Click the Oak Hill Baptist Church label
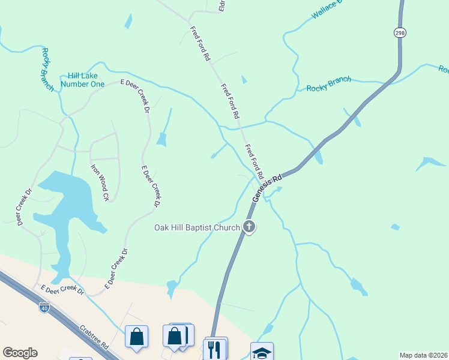point(197,227)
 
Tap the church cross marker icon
point(249,227)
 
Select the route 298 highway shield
point(400,32)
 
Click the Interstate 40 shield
point(44,308)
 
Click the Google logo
point(20,353)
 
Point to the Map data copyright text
point(423,355)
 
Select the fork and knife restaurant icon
point(215,348)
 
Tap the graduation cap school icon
point(262,352)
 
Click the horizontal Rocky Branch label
point(329,84)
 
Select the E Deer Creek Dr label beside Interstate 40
point(62,290)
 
